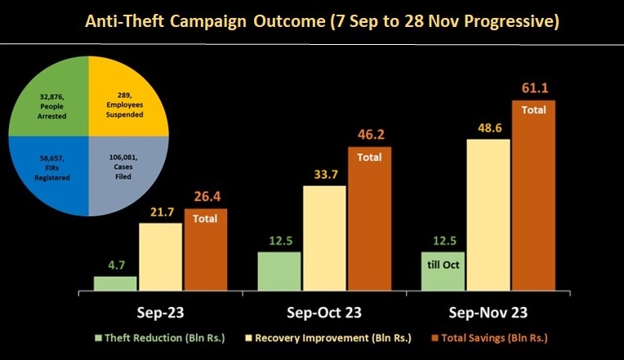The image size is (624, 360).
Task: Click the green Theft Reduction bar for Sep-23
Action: point(115,283)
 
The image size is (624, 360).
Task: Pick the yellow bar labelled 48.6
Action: point(488,215)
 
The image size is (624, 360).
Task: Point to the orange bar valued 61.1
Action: point(533,196)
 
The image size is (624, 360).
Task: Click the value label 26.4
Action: point(205,195)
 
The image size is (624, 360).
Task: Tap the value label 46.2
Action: point(369,133)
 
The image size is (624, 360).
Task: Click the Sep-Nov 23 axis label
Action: point(488,312)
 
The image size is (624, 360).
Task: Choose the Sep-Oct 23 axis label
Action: point(324,312)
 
